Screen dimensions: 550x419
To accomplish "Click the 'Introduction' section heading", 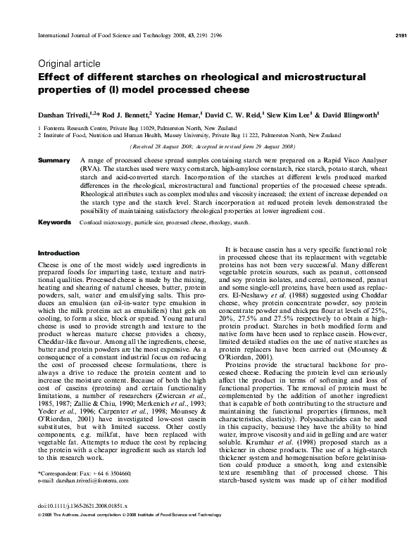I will click(58, 251).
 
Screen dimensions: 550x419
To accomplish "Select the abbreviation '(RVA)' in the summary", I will click(93, 170).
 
